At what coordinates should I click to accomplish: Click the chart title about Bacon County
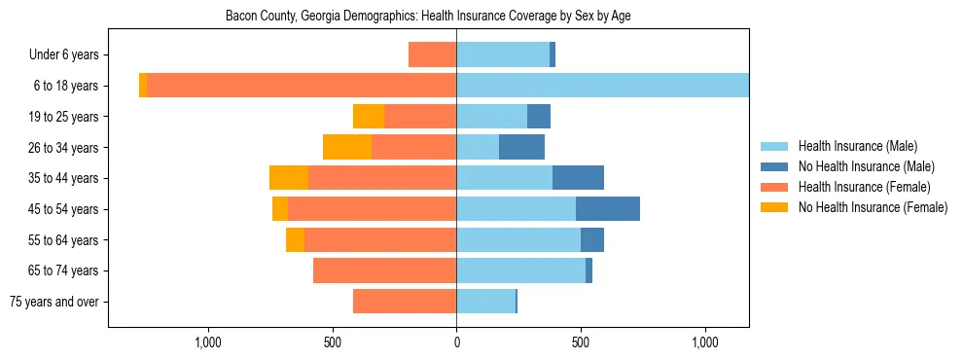428,17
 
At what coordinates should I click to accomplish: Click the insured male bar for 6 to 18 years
602,86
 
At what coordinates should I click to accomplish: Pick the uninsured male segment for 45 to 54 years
607,209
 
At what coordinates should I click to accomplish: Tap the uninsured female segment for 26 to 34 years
347,147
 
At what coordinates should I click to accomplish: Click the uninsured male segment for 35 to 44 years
578,178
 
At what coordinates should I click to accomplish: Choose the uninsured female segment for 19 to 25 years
369,117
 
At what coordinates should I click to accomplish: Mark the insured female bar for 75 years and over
405,302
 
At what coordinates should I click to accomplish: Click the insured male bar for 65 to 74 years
520,270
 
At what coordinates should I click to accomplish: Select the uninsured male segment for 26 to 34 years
521,147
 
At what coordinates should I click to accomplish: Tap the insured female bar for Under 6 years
432,54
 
